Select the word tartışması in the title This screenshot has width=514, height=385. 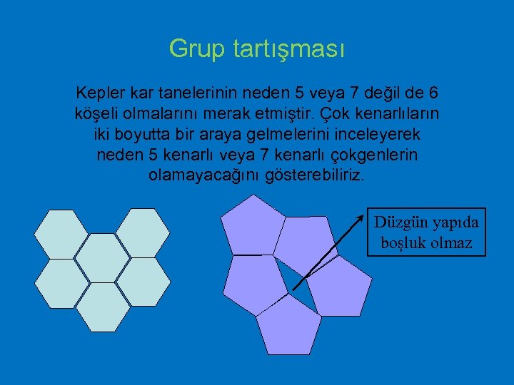click(288, 49)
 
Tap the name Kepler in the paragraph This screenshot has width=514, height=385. click(98, 93)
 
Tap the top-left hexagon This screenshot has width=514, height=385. click(61, 234)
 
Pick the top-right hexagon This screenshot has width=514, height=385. click(143, 234)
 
